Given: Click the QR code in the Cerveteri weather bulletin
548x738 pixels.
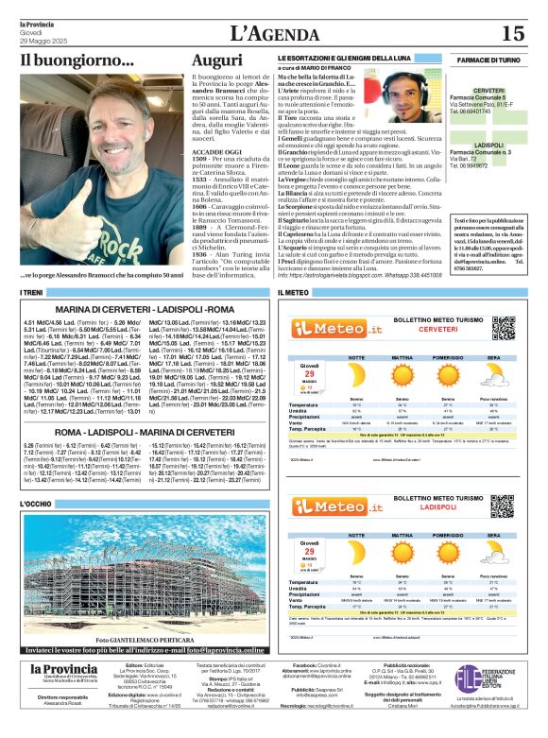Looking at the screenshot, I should coord(502,328).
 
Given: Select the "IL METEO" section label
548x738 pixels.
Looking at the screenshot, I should coord(294,294).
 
